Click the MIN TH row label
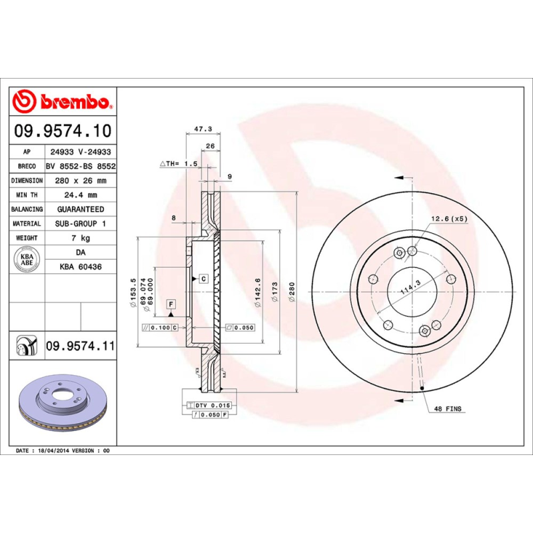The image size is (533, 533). point(27,195)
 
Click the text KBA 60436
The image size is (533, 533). point(81,266)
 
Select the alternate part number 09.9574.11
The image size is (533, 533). point(81,346)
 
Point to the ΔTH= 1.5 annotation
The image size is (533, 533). point(179,163)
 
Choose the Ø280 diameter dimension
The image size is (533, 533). point(291,291)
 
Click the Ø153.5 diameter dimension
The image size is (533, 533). point(133,290)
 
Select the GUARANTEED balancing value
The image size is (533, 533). point(81,209)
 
